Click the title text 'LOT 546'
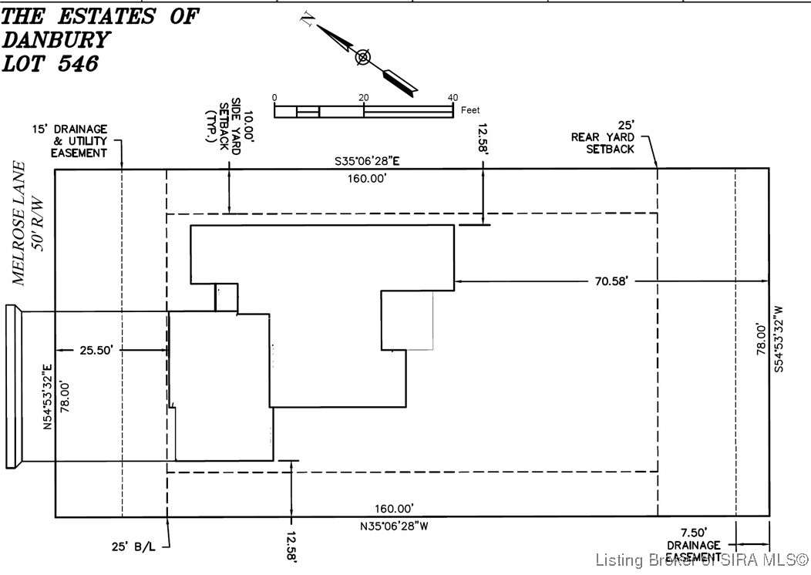51,64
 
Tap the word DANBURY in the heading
56,40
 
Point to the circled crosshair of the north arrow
363,57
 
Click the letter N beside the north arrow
306,21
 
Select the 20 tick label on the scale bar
363,98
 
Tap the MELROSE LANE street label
20,224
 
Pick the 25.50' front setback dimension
97,351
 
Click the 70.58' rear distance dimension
613,282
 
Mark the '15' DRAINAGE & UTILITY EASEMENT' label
79,141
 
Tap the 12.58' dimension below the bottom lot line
291,546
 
